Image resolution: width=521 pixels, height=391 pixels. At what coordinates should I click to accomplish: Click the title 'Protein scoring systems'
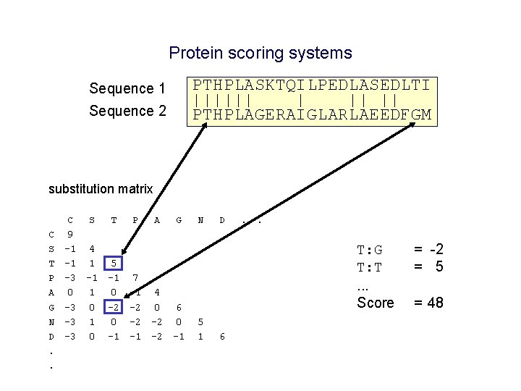[260, 53]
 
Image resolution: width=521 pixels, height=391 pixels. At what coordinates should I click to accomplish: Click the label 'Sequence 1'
[127, 88]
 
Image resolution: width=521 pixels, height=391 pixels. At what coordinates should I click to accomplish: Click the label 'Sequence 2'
[127, 111]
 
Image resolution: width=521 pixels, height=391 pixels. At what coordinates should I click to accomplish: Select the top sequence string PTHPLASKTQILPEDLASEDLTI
[312, 85]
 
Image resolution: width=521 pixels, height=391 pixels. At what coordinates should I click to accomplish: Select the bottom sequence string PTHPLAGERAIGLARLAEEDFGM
[312, 114]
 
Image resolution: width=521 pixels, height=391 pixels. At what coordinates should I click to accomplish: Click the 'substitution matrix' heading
[101, 189]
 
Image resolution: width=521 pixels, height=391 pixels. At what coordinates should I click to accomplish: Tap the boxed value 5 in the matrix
[114, 264]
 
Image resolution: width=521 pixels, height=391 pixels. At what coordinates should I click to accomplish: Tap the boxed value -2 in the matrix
[113, 307]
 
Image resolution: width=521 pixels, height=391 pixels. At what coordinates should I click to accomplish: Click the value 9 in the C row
[70, 234]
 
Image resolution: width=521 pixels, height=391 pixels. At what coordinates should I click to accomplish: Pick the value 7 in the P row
[135, 278]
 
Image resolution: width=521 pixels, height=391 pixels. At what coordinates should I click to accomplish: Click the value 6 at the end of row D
[222, 336]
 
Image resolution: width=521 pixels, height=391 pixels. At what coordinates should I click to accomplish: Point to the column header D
[222, 219]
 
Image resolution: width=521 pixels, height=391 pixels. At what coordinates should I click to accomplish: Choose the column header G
[179, 219]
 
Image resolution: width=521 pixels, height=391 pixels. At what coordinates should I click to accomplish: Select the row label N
[51, 321]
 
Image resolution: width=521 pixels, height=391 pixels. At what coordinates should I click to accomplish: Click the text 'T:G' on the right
[370, 251]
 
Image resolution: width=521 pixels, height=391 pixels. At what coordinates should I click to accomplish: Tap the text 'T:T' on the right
[370, 267]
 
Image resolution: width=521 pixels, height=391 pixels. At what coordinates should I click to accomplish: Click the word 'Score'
[376, 303]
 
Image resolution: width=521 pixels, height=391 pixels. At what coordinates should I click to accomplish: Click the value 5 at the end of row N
[200, 321]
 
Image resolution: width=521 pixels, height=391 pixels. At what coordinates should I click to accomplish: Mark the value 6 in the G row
[179, 307]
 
